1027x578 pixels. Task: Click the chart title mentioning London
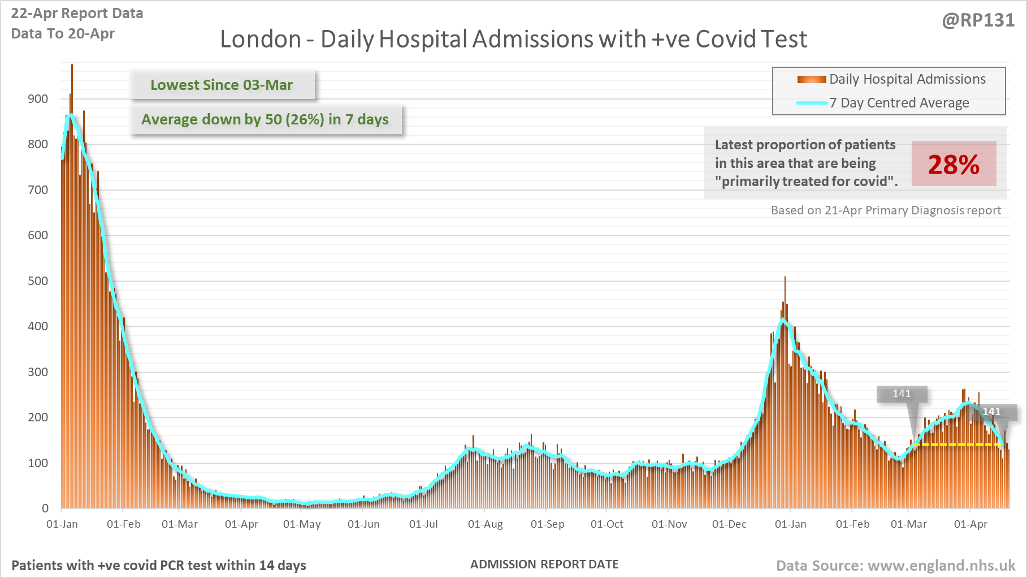513,39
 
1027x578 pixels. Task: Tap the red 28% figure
954,165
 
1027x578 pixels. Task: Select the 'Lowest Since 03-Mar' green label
222,85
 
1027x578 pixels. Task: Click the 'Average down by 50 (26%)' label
265,119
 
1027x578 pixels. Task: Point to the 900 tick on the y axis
38,99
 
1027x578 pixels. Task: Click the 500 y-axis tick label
38,281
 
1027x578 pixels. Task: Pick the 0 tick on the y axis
45,508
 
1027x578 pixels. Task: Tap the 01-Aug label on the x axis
485,524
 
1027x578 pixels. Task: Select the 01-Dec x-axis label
729,524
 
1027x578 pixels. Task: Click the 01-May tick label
302,524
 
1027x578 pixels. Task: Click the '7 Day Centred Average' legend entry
899,103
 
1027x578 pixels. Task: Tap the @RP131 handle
978,20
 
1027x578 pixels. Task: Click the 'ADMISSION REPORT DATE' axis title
544,564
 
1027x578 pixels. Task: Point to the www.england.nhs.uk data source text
896,566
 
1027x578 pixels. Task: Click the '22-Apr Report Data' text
77,13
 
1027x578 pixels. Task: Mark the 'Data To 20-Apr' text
63,33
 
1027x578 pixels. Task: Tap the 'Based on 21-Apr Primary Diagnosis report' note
886,210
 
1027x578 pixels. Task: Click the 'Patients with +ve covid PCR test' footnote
159,566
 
